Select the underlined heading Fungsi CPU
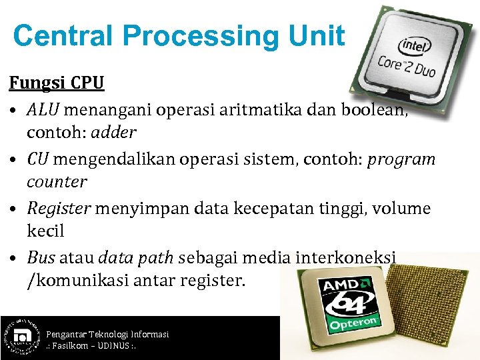[x=57, y=83]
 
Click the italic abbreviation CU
[x=38, y=159]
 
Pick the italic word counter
[x=57, y=182]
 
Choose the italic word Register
[x=59, y=208]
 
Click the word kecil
[x=45, y=231]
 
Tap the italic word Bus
[x=42, y=257]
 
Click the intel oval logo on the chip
[x=414, y=45]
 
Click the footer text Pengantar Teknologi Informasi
[x=107, y=333]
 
